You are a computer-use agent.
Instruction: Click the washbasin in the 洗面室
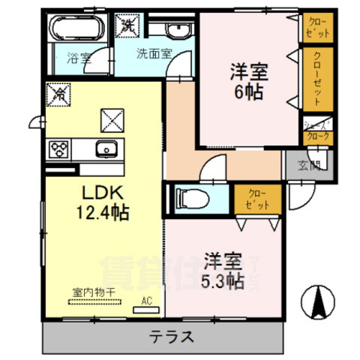pos(176,30)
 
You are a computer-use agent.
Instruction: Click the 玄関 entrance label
pos(309,165)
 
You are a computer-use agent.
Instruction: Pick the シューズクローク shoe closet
pos(315,130)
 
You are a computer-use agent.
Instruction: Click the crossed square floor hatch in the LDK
pos(113,119)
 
